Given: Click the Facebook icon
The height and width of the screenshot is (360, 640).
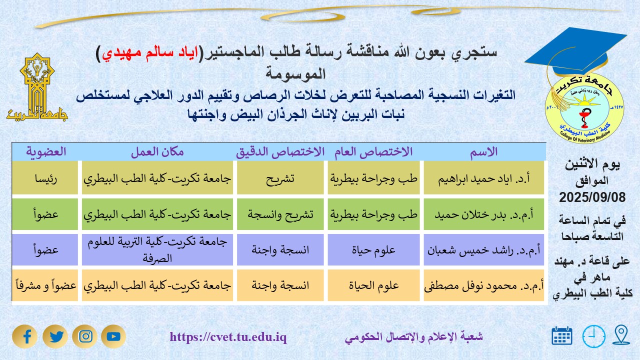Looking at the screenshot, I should coord(25,336).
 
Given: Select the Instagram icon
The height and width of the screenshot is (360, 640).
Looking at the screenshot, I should coord(84,336).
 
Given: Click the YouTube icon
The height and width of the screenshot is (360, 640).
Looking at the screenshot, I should coord(113,336).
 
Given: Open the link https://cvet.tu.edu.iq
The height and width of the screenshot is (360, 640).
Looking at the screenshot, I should coord(228,337).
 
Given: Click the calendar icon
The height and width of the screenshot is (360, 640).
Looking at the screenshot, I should coord(562,336).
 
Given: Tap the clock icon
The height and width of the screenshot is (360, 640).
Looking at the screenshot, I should coord(593,336).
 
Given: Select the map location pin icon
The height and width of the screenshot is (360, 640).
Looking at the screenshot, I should coord(621,335).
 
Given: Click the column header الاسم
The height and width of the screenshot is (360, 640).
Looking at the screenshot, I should coord(484,152).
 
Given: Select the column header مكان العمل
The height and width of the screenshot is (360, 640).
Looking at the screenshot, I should coord(157,152).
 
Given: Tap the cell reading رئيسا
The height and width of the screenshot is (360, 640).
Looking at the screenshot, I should coord(45,177).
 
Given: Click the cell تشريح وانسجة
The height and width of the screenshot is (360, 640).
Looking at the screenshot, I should coord(280,214).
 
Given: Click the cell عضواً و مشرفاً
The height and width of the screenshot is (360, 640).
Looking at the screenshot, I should coord(45,286).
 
